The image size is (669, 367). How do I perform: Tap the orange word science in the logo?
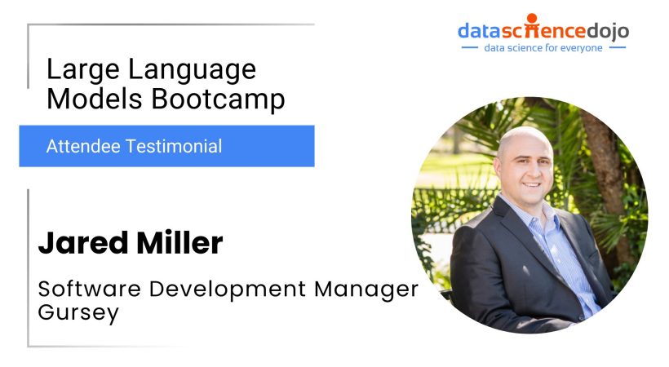(536, 32)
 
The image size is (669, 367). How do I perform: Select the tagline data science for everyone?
(543, 48)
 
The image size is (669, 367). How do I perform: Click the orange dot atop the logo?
(532, 17)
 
